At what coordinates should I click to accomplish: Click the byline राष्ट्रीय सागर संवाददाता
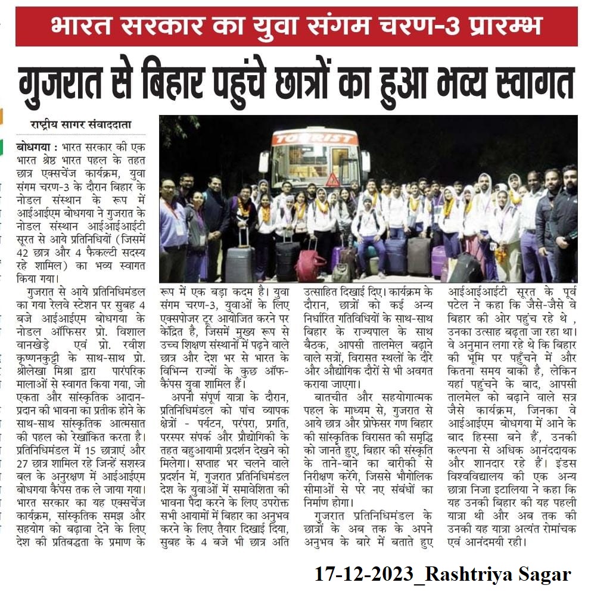point(81,125)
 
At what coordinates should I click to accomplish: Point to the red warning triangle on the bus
point(332,179)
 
